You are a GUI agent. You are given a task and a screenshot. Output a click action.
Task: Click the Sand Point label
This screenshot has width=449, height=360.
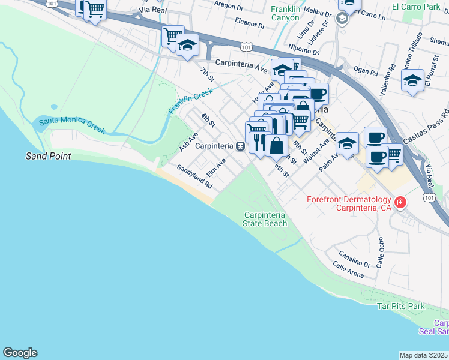pos(48,156)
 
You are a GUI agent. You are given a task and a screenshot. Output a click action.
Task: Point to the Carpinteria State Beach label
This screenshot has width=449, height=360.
pos(265,219)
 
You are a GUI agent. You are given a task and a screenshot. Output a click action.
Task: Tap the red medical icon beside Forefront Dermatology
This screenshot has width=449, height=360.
pos(400,203)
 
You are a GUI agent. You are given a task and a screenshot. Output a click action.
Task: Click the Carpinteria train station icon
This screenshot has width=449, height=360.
pos(240,146)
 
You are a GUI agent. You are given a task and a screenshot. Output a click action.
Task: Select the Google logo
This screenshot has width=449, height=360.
pos(20,353)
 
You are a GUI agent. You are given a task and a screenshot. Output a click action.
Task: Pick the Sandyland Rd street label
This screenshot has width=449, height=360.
pos(194,178)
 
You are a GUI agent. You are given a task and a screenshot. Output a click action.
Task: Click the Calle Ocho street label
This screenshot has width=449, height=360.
pos(381,251)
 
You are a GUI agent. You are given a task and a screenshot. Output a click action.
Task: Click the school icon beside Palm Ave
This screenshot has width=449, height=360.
pos(347,143)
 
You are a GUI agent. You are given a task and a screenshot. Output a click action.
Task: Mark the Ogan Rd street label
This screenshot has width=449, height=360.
pos(366,72)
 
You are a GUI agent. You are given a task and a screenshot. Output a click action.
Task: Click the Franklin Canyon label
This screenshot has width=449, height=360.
pos(285,13)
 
